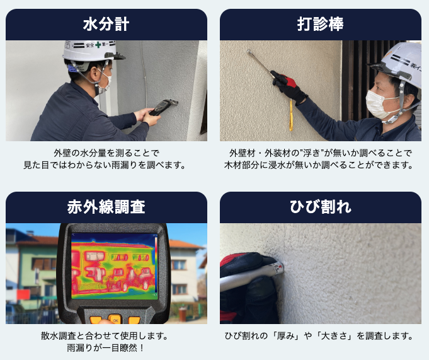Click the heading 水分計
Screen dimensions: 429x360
pos(106,25)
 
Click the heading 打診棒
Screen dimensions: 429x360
pos(321,25)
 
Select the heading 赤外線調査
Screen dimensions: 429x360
pos(106,207)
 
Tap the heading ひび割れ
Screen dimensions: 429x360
pos(321,207)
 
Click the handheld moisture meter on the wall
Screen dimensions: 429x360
pos(163,107)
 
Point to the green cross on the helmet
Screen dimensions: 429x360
pos(98,44)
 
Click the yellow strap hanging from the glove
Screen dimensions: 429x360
pos(291,115)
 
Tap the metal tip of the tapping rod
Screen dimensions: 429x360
pos(249,51)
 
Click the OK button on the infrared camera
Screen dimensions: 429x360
pos(115,320)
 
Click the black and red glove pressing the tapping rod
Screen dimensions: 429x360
pos(290,87)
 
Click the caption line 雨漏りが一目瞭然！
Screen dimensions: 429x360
pos(106,347)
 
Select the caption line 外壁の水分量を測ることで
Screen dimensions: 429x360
pos(106,153)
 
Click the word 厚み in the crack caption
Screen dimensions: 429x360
pos(285,335)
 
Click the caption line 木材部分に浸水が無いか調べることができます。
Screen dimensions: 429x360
pos(319,165)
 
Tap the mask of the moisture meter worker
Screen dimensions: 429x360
pos(105,82)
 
